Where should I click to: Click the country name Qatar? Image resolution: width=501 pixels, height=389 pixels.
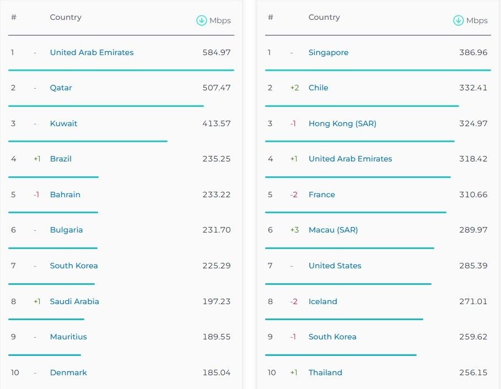tap(61, 88)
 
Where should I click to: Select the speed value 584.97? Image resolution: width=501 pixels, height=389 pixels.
tap(216, 52)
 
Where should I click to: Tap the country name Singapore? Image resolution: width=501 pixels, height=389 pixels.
tap(328, 52)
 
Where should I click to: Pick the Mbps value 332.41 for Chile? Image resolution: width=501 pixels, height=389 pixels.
tap(473, 88)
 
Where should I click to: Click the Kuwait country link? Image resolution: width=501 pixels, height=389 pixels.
tap(63, 123)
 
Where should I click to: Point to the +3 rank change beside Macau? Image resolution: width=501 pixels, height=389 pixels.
tap(294, 230)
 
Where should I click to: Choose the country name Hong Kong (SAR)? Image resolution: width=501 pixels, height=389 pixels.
tap(342, 123)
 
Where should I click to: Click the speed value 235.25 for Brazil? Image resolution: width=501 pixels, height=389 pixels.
tap(216, 159)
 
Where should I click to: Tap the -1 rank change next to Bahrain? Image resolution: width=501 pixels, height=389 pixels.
tap(36, 194)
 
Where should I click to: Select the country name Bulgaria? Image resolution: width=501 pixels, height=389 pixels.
tap(66, 230)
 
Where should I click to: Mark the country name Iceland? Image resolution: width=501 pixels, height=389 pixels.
tap(323, 301)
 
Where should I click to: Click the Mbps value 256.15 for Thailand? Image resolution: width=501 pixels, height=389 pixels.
tap(473, 372)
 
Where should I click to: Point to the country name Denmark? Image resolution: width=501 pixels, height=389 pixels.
tap(68, 372)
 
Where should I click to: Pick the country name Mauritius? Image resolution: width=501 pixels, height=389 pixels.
tap(68, 337)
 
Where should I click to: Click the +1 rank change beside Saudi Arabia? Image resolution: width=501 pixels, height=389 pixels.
tap(37, 301)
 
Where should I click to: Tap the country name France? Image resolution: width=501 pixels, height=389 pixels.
tap(322, 194)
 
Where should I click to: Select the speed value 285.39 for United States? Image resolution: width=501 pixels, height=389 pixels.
tap(473, 266)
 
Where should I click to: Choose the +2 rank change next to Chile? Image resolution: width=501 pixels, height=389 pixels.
tap(294, 88)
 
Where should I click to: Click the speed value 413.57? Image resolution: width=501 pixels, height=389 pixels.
tap(216, 123)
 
